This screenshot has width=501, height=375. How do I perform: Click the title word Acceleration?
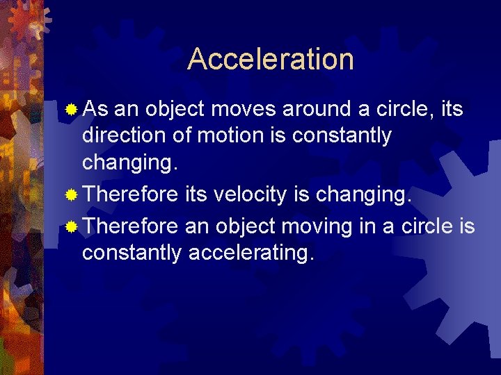coord(270,59)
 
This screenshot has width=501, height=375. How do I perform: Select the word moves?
coord(244,109)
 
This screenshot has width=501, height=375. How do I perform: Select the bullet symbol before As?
coord(71,110)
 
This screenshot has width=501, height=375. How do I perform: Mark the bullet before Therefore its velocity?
coord(71,196)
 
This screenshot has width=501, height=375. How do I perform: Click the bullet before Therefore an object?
coord(71,227)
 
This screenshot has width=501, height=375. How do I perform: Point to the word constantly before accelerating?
coord(132,253)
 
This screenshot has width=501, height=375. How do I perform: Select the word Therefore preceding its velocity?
coord(130,195)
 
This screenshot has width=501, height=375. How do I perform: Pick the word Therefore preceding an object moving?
coord(130,226)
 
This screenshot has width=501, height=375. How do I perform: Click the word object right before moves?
coord(174,109)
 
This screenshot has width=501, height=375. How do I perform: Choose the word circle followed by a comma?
coord(408,109)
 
